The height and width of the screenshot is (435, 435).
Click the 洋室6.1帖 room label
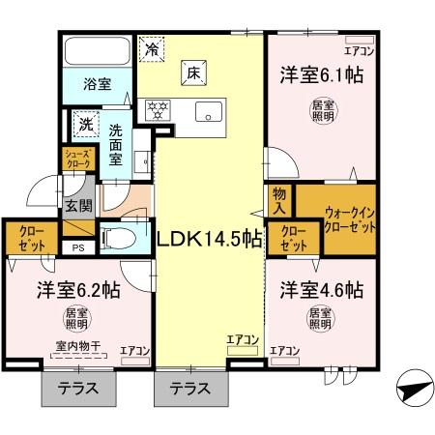point(322,75)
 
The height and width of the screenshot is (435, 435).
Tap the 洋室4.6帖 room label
point(322,289)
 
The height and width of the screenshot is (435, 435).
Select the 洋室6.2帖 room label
point(78,289)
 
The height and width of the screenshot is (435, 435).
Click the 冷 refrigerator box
point(152,45)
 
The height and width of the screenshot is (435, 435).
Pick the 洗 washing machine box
point(85,125)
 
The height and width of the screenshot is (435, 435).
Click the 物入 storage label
point(280,202)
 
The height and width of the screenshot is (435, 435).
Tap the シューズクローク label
point(78,159)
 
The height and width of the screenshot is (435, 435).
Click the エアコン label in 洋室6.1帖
point(361,50)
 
